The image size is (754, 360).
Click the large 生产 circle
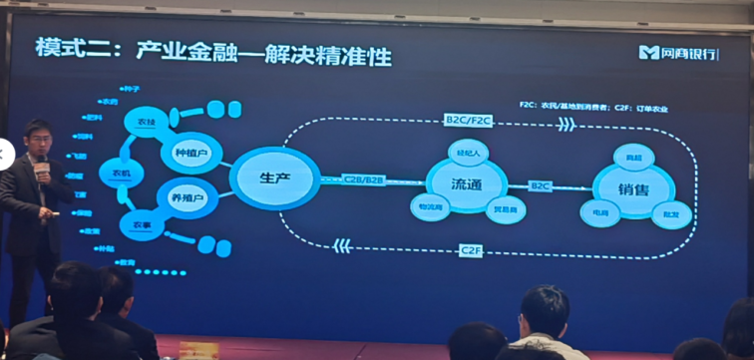pyautogui.click(x=273, y=178)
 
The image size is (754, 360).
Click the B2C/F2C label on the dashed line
pyautogui.click(x=469, y=121)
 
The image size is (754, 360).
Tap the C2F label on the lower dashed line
pyautogui.click(x=470, y=250)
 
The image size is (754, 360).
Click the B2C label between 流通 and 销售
pyautogui.click(x=541, y=186)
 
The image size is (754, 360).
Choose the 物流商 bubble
pyautogui.click(x=429, y=207)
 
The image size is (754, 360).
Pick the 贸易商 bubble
pyautogui.click(x=505, y=208)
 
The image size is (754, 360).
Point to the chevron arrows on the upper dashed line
pyautogui.click(x=565, y=125)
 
